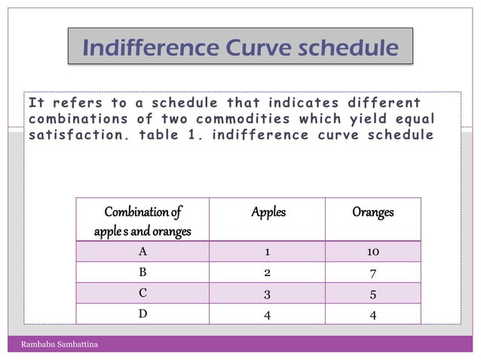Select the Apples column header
point(268,212)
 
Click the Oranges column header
point(372,212)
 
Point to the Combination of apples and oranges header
point(142,221)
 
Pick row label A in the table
point(142,252)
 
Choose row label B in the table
point(142,272)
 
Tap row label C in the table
point(142,293)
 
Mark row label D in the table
point(142,314)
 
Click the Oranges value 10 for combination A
point(372,252)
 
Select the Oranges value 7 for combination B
point(372,272)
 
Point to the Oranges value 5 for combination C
point(372,293)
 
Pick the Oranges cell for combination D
point(372,314)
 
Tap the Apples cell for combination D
point(268,314)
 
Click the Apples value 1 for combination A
point(268,252)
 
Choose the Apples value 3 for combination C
point(268,293)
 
